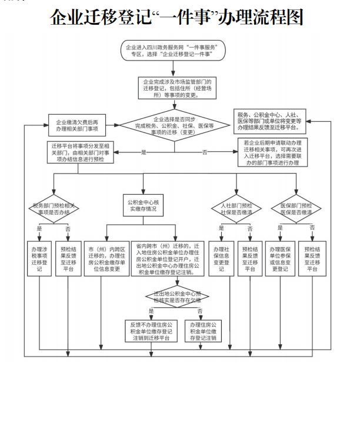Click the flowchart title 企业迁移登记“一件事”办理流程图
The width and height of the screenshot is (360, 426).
point(176,18)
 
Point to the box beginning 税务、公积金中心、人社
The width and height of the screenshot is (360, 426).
point(271,119)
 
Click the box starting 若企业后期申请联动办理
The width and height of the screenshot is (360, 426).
point(270,152)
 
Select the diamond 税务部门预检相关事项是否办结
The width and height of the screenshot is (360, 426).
point(54,207)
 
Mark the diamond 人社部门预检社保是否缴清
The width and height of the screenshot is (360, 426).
point(236,207)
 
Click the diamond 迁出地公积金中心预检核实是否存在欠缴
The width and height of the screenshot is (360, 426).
point(175,295)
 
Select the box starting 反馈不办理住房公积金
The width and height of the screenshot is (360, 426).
point(151,331)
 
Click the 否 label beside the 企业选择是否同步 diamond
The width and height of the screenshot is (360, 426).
point(205,152)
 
